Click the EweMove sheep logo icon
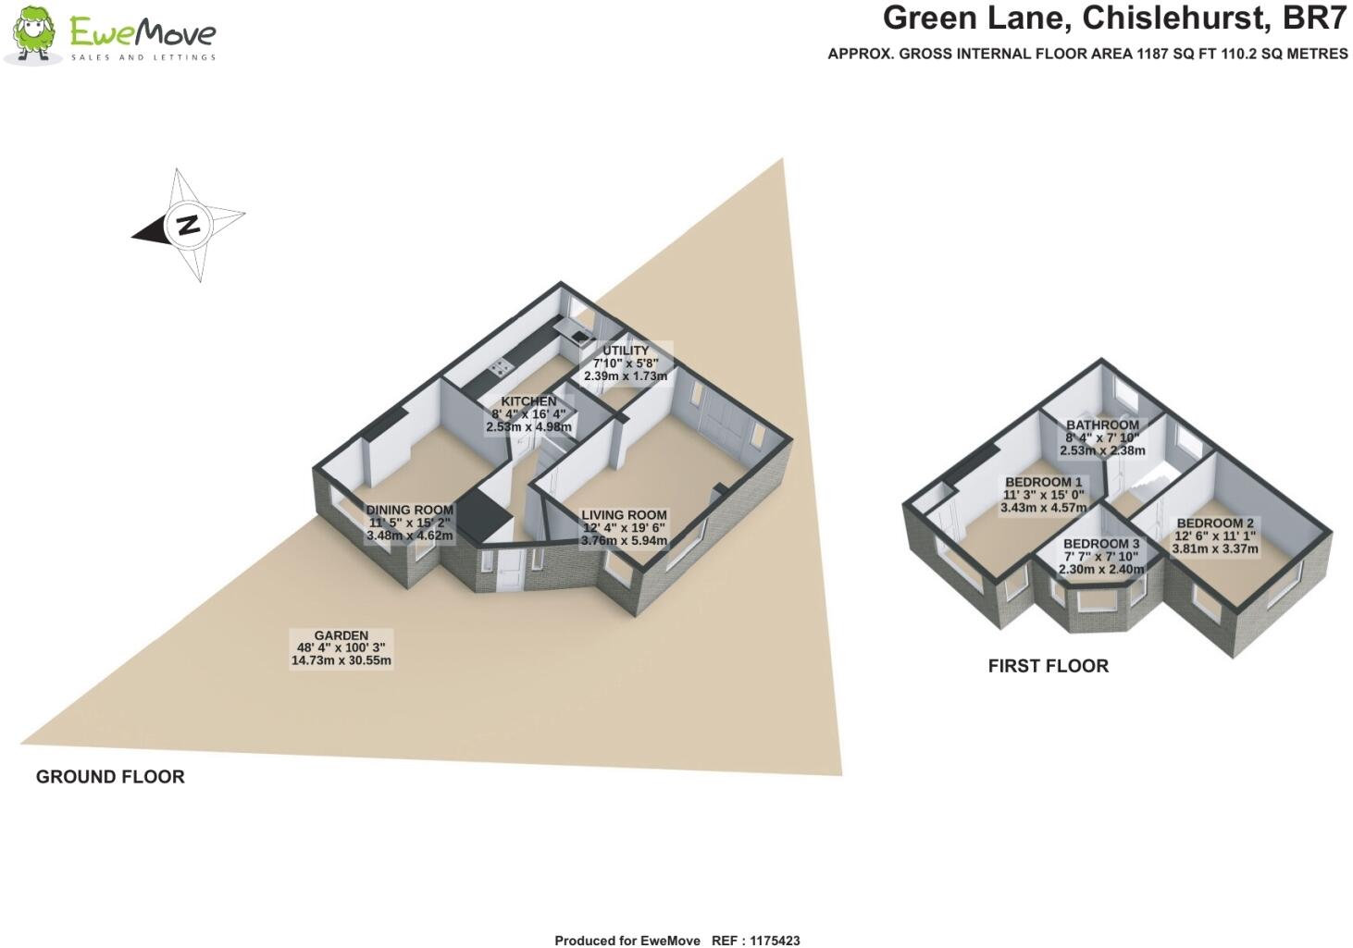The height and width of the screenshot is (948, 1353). (x=34, y=35)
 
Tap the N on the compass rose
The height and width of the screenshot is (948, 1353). (x=188, y=224)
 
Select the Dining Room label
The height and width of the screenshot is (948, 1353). (x=410, y=510)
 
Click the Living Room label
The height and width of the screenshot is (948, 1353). (x=624, y=515)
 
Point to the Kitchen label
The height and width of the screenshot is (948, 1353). (x=528, y=401)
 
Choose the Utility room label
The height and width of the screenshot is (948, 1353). (x=626, y=351)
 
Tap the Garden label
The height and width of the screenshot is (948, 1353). (x=341, y=635)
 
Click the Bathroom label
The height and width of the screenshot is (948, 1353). (x=1102, y=425)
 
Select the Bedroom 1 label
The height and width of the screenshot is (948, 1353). (x=1043, y=482)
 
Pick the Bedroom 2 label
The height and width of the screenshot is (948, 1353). (x=1215, y=523)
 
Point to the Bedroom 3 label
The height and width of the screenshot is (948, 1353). (x=1101, y=544)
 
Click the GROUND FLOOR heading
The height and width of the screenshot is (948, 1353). (x=110, y=777)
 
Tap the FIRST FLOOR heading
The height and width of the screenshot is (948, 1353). (x=1048, y=666)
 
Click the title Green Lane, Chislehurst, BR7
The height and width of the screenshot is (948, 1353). (x=1114, y=18)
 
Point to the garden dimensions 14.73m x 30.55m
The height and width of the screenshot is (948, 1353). (x=341, y=660)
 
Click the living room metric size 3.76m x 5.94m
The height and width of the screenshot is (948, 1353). (x=624, y=541)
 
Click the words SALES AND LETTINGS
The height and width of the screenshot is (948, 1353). (x=143, y=57)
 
